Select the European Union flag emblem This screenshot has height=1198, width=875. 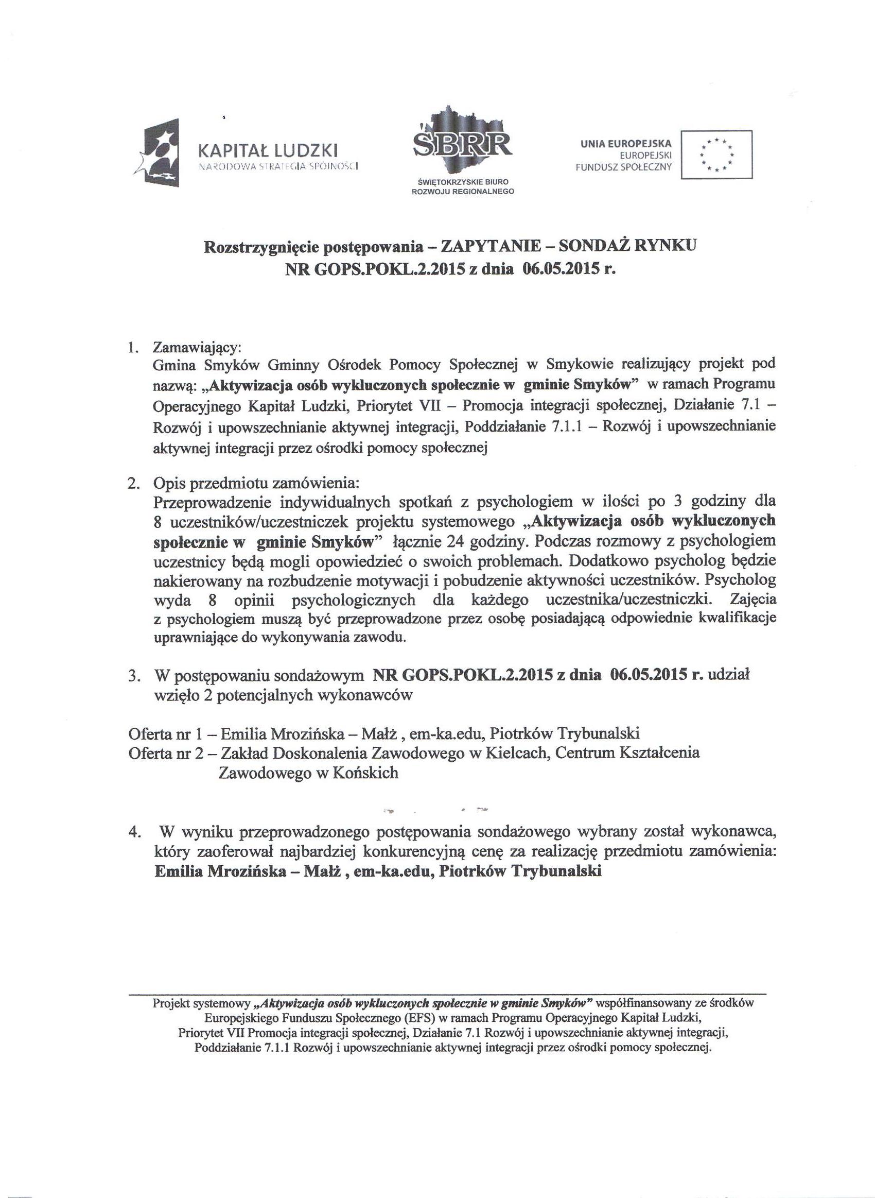(716, 155)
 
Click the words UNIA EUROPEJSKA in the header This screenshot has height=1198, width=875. (625, 144)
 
